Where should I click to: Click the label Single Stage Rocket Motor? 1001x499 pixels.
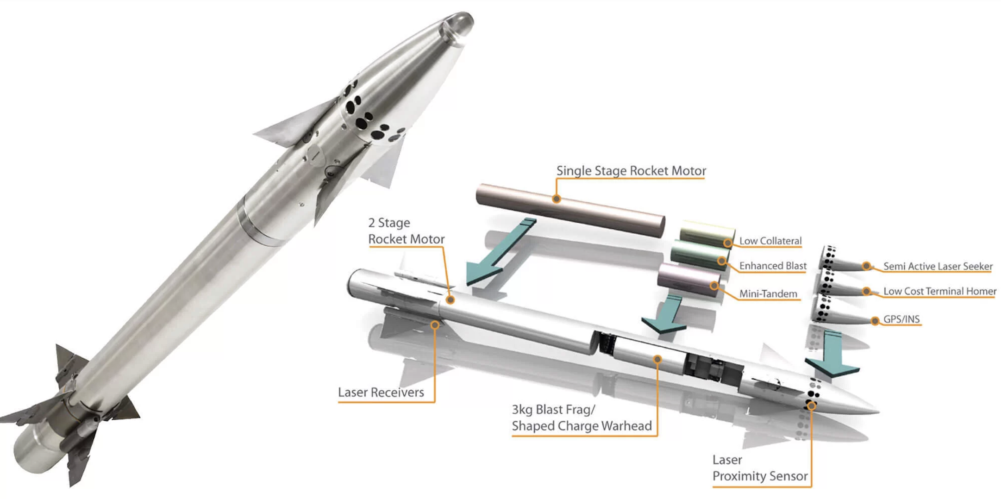[x=631, y=171]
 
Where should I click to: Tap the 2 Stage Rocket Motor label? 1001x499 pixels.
[x=406, y=231]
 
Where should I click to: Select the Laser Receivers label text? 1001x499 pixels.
[x=381, y=393]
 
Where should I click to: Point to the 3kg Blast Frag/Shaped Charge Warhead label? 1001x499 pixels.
[x=582, y=418]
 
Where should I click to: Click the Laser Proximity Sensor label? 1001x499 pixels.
[x=760, y=468]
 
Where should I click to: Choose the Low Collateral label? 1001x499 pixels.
[x=770, y=241]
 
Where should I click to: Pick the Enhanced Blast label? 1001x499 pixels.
[x=773, y=266]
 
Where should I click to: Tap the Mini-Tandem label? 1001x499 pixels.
[x=768, y=294]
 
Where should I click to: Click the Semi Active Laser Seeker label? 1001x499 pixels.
[x=938, y=267]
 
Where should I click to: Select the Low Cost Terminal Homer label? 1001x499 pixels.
[x=939, y=292]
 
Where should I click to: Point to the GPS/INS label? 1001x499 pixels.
[x=901, y=319]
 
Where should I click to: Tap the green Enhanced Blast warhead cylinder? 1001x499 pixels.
[x=699, y=257]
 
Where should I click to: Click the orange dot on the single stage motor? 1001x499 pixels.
[x=557, y=199]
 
